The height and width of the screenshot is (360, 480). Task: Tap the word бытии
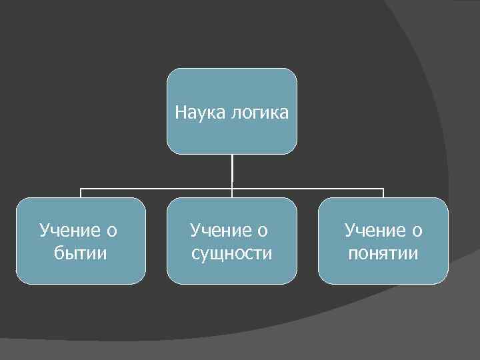pos(79,253)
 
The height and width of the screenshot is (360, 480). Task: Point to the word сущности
pos(231,253)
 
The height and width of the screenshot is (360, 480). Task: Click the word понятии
pos(383,253)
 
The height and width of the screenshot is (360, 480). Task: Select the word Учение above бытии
pos(69,231)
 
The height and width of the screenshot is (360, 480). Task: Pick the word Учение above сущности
pos(219,231)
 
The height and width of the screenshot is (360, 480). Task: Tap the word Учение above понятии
pos(373,231)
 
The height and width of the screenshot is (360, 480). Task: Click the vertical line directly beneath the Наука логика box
pos(232,171)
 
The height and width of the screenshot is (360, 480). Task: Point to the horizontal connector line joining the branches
pos(307,189)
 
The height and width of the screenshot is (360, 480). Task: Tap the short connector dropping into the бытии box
pos(81,193)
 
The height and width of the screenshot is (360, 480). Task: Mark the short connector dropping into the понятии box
pos(383,193)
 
